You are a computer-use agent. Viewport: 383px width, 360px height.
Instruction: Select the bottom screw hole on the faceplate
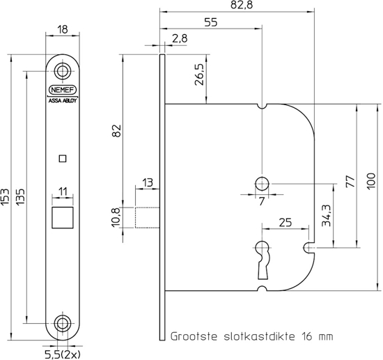(63, 323)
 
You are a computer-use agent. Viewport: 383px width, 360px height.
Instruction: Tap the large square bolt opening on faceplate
(63, 217)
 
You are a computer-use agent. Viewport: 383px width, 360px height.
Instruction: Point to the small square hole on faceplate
(63, 158)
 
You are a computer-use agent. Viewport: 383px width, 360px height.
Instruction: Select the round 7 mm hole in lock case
(262, 184)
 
